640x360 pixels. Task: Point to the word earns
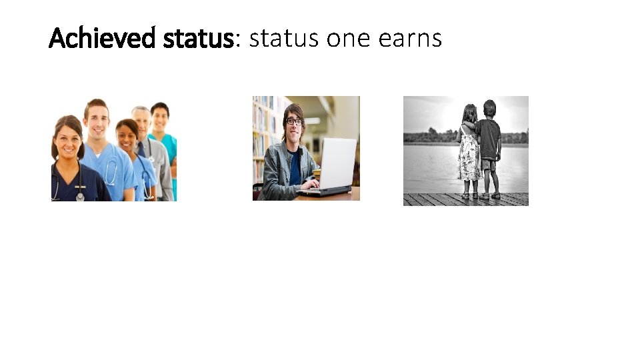pos(409,39)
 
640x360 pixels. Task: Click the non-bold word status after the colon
pos(285,39)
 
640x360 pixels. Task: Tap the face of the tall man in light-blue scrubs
pos(97,121)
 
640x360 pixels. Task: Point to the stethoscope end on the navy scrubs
pos(81,195)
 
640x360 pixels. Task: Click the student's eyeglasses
pos(293,121)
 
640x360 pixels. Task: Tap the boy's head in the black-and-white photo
pos(489,109)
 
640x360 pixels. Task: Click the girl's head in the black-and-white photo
pos(471,113)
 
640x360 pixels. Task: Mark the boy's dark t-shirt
pos(489,139)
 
